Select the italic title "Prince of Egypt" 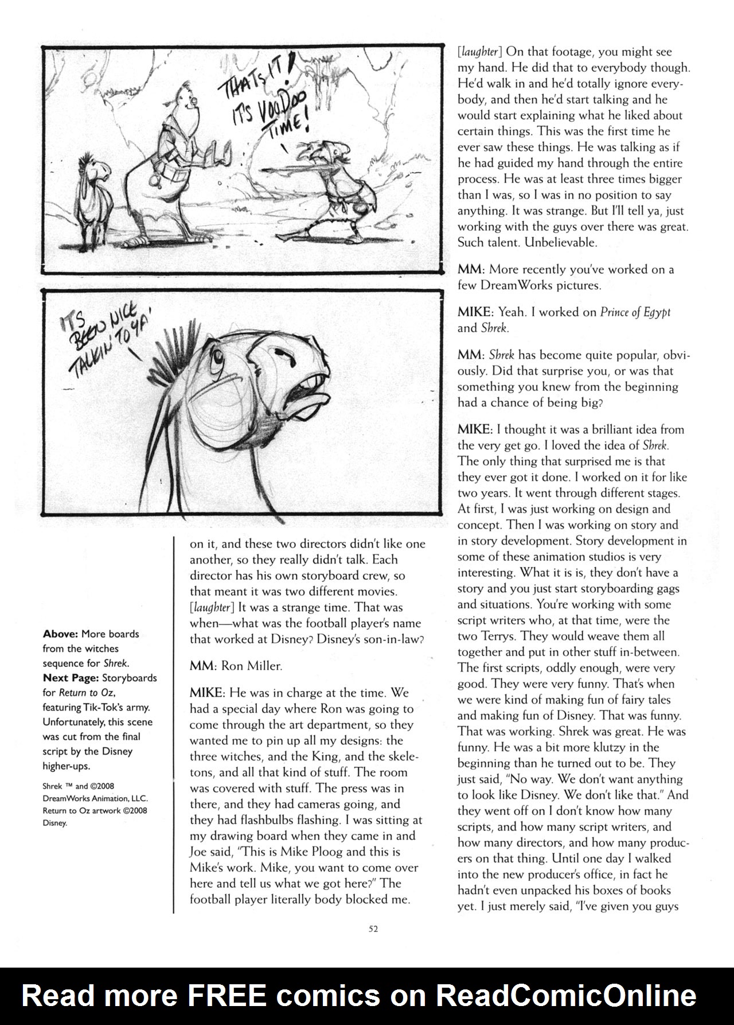(635, 312)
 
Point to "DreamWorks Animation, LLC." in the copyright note (95, 798)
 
